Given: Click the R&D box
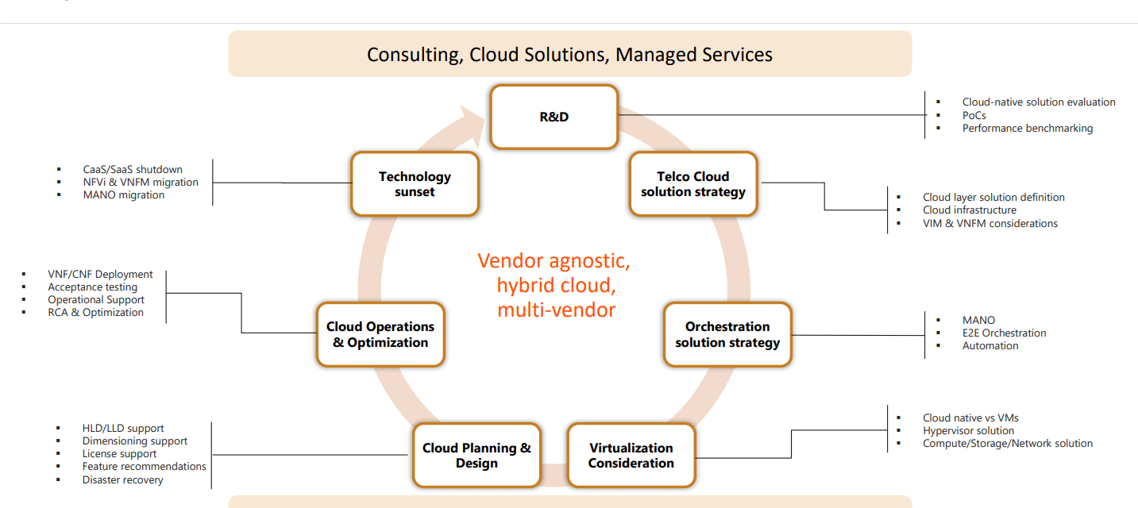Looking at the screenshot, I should click(554, 117).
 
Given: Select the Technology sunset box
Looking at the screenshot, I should click(415, 184).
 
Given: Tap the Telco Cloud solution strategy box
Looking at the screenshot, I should click(693, 184).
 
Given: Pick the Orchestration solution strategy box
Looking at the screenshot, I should click(727, 334).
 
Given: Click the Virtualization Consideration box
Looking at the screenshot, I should click(631, 456).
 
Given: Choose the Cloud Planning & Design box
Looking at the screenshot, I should click(476, 456).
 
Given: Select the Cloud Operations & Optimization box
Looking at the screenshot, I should click(380, 334).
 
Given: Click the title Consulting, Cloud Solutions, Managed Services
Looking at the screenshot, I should click(569, 55).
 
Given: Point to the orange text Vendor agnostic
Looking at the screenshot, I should click(554, 261).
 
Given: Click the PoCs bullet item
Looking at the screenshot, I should click(974, 115).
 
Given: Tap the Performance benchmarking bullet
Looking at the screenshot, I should click(1027, 128).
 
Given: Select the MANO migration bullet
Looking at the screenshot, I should click(123, 194).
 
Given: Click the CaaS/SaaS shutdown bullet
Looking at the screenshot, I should click(132, 169).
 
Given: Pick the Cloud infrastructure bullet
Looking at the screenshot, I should click(969, 210).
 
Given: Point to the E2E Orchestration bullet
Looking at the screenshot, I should click(1004, 333).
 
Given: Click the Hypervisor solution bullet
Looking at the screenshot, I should click(968, 430).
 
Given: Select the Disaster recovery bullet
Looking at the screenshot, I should click(122, 479).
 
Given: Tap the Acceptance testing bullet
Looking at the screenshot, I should click(92, 287).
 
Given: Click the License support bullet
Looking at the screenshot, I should click(119, 454).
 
